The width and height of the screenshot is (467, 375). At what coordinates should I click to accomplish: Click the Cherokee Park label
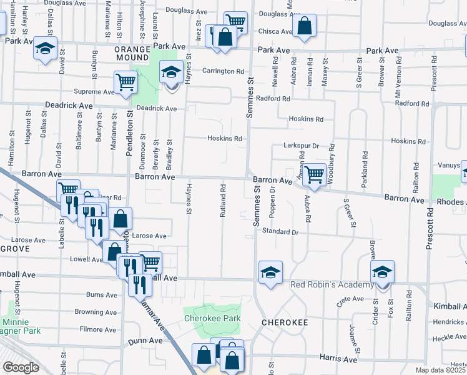coord(211,317)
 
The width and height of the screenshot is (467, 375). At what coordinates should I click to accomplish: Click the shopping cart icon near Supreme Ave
coord(125,82)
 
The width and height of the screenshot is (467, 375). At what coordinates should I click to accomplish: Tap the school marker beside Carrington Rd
coord(170,73)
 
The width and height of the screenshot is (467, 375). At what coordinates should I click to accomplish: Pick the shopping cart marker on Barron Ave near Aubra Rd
coord(313,174)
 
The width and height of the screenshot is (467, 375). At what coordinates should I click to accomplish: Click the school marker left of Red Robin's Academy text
coord(270,272)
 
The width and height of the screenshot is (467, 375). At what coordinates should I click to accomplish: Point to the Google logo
coord(21,367)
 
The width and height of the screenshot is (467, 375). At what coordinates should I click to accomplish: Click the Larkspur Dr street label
coord(302,146)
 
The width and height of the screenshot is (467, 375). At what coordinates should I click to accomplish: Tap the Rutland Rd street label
coord(222,201)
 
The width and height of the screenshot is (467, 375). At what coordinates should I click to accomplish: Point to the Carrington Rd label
coord(222,71)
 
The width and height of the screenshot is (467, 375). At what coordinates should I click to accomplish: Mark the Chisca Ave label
coord(275,31)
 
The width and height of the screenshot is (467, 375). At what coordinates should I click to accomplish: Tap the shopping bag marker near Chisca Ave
coord(303,27)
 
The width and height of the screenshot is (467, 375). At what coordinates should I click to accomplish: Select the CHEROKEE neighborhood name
coord(285,322)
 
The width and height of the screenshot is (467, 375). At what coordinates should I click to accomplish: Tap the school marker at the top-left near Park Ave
coord(45,49)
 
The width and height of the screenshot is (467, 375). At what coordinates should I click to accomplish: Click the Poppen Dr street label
coord(272,202)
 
